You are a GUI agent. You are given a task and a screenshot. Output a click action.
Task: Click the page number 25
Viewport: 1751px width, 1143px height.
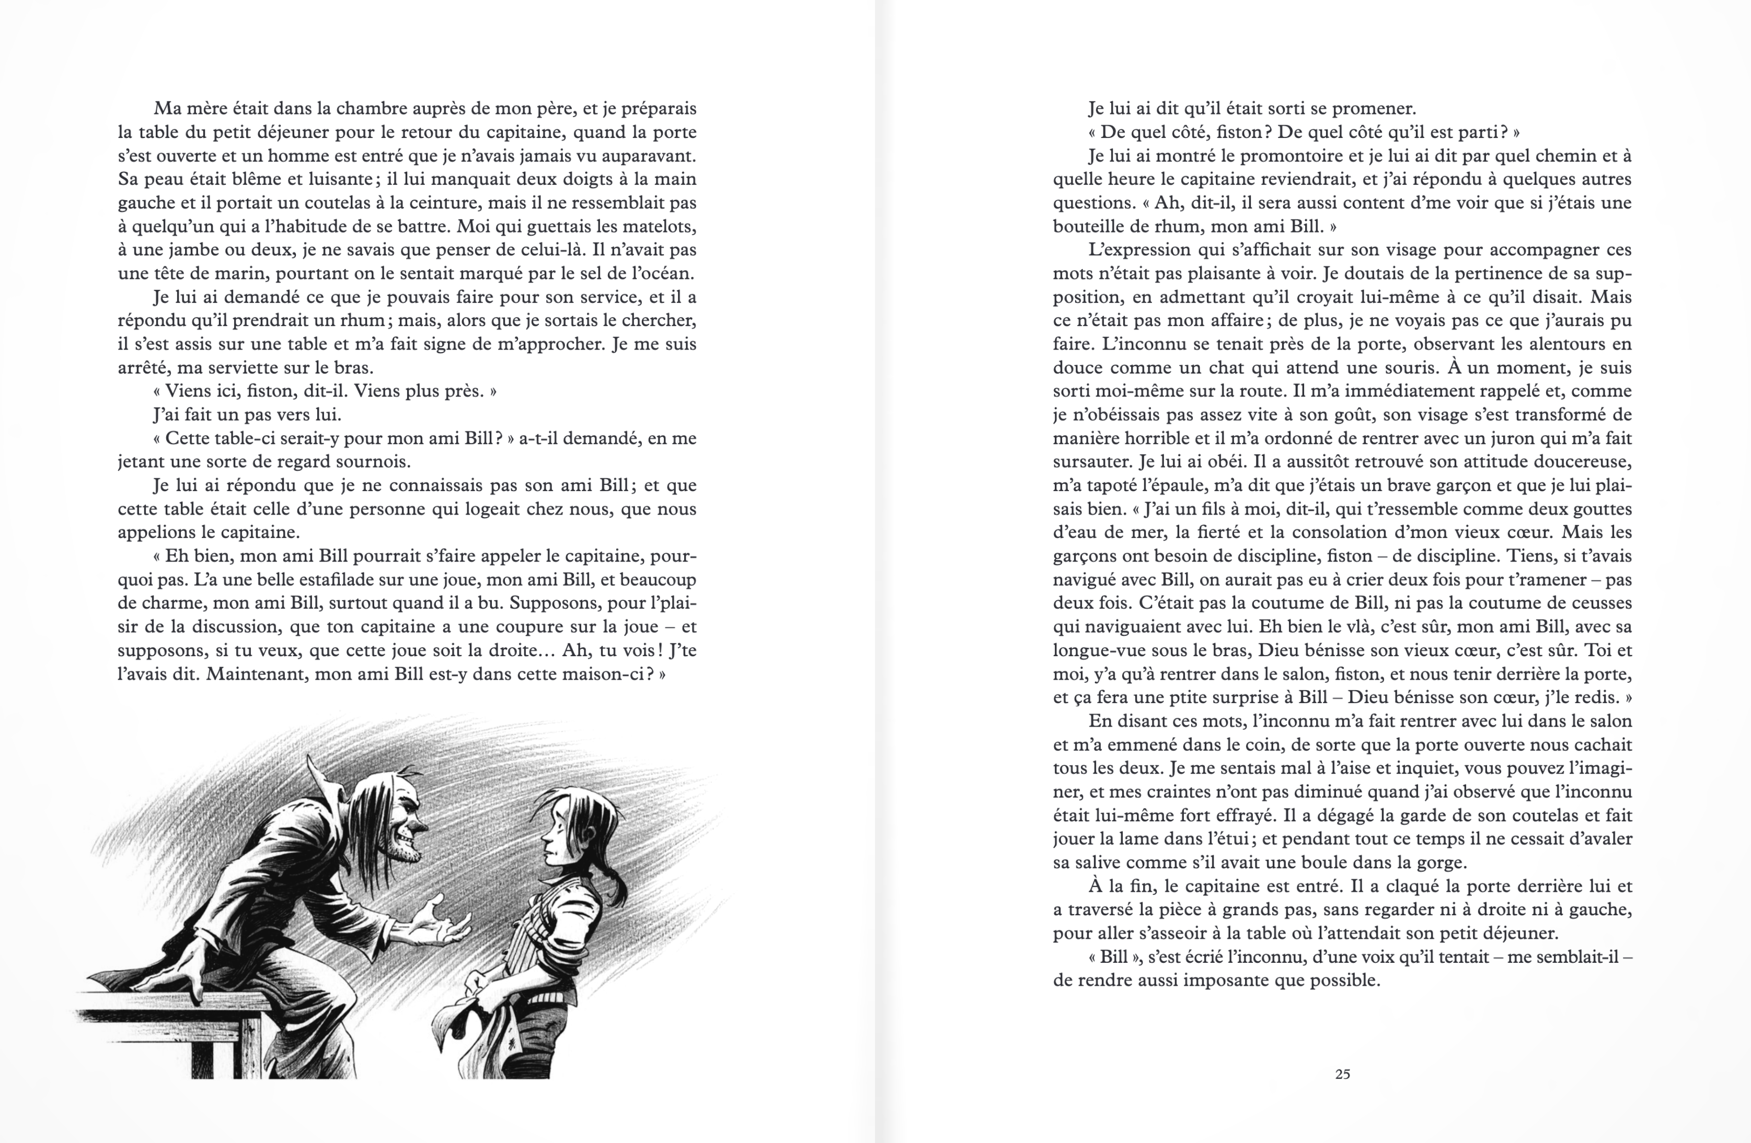pos(1342,1074)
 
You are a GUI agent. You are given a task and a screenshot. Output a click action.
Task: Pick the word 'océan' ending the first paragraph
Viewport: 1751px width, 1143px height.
pos(663,274)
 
